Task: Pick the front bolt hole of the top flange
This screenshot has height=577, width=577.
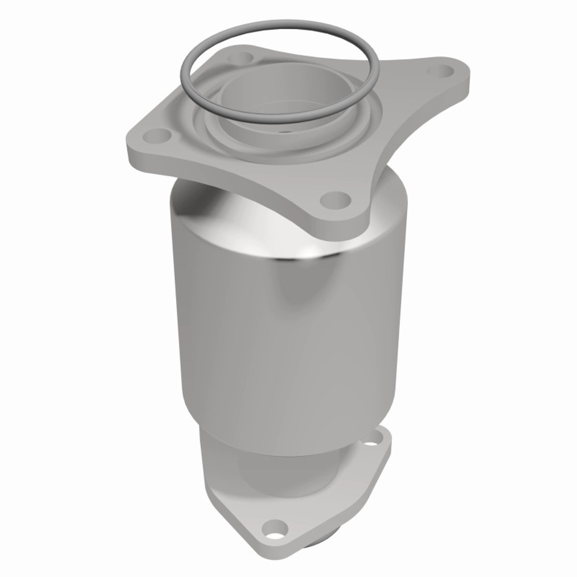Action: [336, 199]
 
